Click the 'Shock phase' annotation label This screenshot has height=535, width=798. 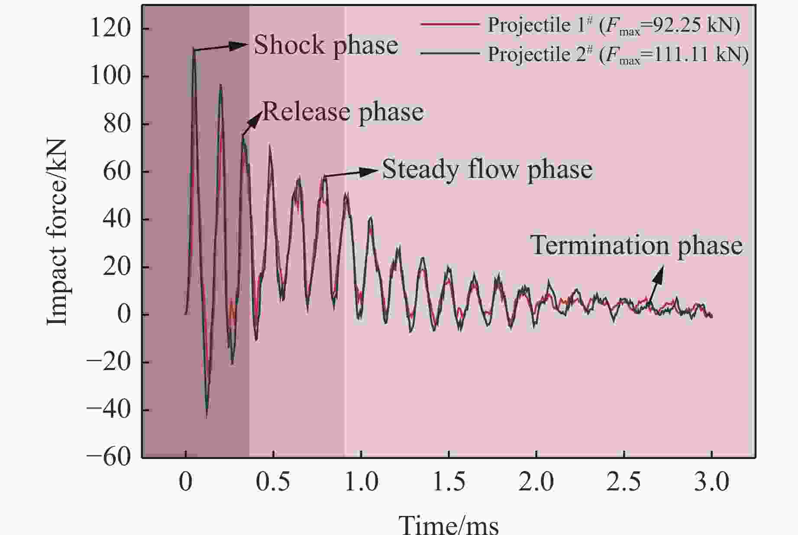click(326, 45)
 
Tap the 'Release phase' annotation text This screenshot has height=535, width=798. click(343, 112)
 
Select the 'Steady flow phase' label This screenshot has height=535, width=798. click(487, 169)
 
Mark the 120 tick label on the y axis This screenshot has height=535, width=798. click(110, 29)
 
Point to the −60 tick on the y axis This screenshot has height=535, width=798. click(108, 457)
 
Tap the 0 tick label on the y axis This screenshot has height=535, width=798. click(124, 314)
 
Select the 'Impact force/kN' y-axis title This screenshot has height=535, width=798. click(57, 232)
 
